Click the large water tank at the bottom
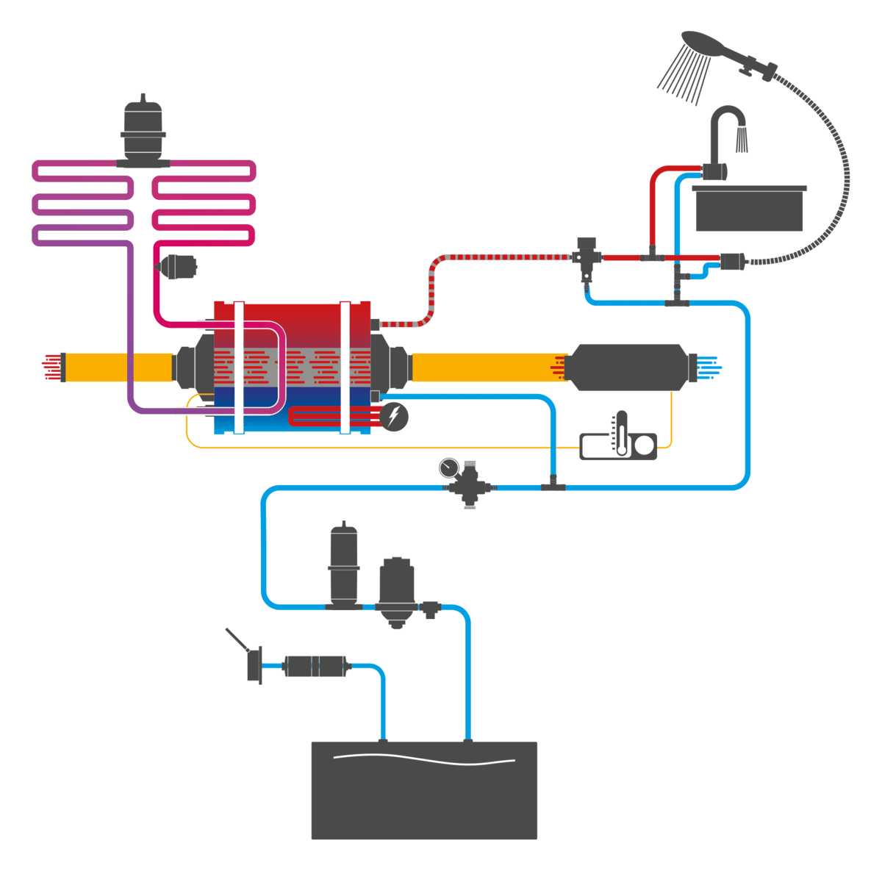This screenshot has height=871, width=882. coord(424,790)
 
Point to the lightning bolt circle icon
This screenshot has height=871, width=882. coord(395,417)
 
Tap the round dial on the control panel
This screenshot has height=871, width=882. coord(645,445)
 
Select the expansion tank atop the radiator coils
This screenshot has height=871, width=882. coord(143,131)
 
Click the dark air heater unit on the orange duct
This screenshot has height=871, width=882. coord(628,366)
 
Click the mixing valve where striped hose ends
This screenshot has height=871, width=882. coord(587,257)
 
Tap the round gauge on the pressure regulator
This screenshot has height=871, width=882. coord(448,467)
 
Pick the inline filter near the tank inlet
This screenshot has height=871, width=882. coord(315,666)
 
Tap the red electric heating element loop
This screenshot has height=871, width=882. coord(323,417)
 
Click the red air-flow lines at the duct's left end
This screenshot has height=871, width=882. coord(51,367)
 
